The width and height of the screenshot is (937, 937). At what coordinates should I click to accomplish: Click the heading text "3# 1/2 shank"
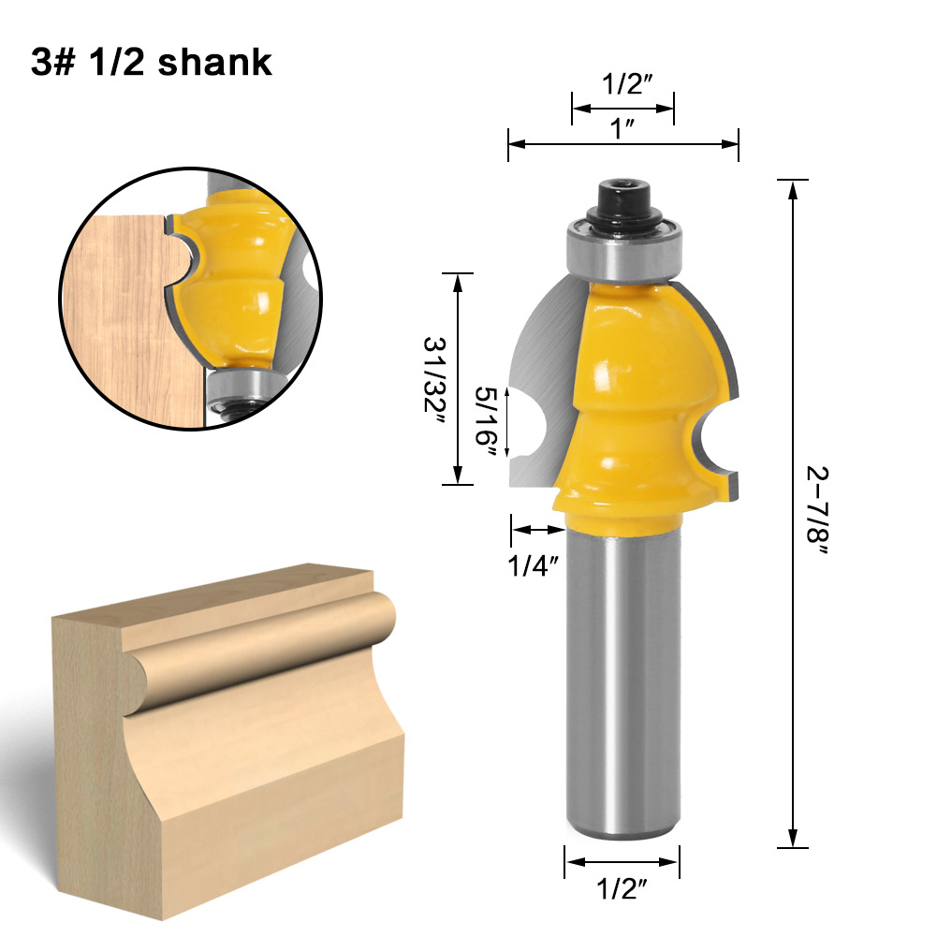point(152,62)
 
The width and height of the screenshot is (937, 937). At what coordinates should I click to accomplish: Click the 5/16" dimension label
point(485,418)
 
